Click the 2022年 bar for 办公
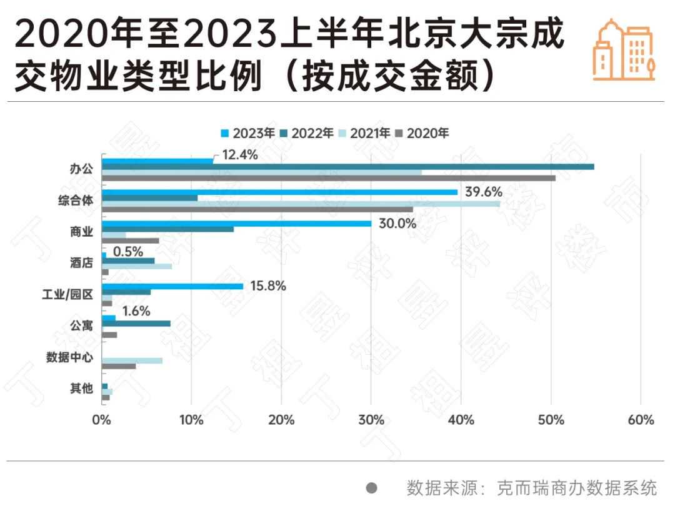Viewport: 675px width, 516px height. pos(347,167)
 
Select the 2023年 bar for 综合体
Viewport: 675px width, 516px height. pos(279,192)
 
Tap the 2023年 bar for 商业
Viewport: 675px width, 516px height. pos(236,223)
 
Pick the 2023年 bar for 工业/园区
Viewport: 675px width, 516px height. pos(172,286)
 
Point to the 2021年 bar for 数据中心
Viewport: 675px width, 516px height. pos(132,360)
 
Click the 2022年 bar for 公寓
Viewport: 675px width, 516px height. pos(136,324)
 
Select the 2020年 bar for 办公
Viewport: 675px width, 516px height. pos(328,178)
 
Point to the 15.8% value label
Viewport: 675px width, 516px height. pos(267,286)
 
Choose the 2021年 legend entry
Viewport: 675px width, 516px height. pos(368,132)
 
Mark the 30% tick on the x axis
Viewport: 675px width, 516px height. pos(371,420)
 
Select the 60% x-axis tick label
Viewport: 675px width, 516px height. pos(641,420)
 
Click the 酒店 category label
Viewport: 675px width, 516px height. pos(82,263)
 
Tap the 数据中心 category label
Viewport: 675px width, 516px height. pos(69,358)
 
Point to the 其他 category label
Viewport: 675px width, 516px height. pos(82,389)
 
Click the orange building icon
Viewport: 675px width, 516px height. pos(623,50)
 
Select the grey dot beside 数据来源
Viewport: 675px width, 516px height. pos(372,488)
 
